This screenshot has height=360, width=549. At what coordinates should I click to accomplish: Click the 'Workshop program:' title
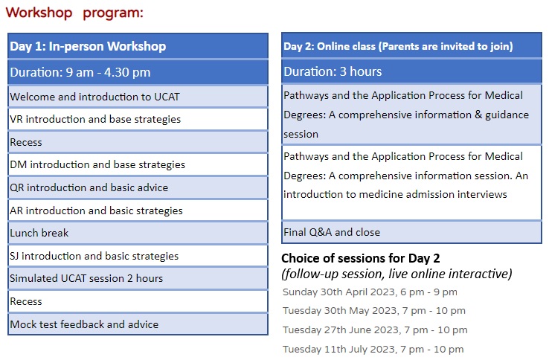pos(74,13)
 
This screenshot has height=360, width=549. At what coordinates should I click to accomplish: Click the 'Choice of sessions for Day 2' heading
pos(361,258)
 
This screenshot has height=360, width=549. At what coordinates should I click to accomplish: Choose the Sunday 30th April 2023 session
pos(370,292)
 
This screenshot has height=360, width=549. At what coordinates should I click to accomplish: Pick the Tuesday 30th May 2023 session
pos(374,311)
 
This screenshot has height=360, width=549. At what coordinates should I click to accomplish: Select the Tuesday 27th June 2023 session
pos(375,330)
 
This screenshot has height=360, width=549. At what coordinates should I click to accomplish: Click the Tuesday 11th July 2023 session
pos(373,349)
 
